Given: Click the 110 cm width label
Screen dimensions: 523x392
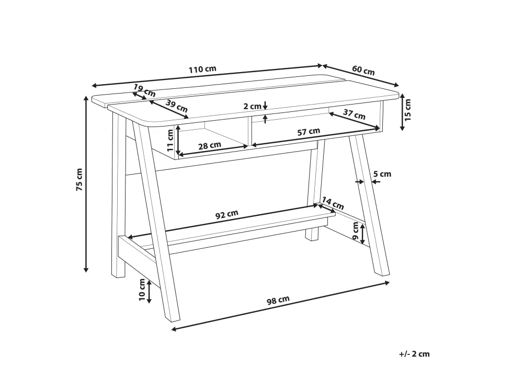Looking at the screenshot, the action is [202, 70].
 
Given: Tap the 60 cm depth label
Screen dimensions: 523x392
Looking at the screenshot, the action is [363, 71].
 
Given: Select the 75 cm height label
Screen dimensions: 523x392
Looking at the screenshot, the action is [79, 179].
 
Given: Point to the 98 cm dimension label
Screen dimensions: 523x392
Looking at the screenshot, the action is [278, 301].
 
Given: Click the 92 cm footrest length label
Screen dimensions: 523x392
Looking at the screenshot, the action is [227, 214].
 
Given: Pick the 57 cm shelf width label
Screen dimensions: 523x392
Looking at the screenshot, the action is [309, 132].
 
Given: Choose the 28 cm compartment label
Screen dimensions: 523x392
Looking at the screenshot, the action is [210, 146].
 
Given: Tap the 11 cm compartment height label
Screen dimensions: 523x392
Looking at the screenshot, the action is [170, 140].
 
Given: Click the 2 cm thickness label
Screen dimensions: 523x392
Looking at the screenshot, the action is [252, 106].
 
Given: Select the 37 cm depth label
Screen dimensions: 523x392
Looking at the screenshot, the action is [354, 114].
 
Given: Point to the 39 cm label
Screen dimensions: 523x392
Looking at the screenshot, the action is [177, 106].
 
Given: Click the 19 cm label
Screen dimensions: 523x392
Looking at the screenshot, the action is [144, 90].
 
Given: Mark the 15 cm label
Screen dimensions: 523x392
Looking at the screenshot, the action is [408, 109].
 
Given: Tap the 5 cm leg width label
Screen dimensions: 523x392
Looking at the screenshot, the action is [382, 174].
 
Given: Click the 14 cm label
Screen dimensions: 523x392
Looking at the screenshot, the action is [333, 203].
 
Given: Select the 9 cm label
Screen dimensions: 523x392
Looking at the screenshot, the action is [356, 232].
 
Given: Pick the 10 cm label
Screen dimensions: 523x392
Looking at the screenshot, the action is [142, 290].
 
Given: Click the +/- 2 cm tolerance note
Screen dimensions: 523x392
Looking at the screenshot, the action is [415, 354].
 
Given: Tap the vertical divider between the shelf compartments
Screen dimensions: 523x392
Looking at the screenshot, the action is [249, 131].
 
